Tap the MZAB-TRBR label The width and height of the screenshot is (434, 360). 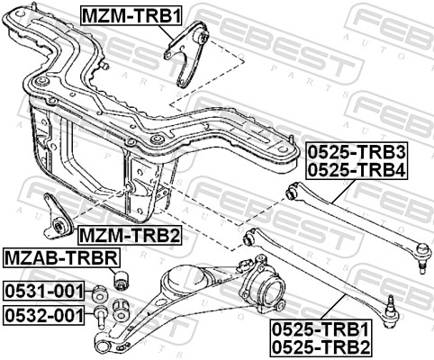tap(59, 259)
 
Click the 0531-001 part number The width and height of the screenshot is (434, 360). tap(43, 292)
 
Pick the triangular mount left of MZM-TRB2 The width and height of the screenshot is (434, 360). tap(59, 215)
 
